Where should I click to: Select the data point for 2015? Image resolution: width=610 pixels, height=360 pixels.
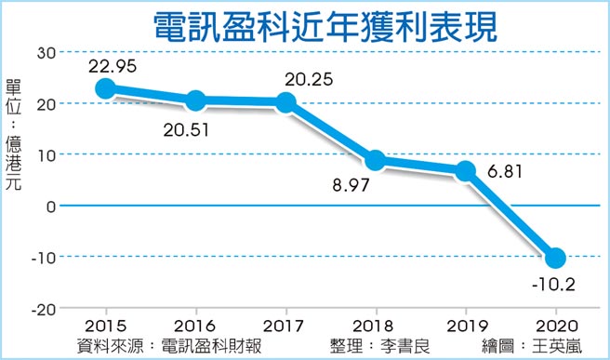(x=105, y=88)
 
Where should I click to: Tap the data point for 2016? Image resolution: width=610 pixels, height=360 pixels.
(x=196, y=100)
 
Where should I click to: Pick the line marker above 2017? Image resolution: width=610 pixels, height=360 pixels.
(x=286, y=102)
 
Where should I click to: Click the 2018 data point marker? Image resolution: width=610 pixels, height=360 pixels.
(x=376, y=160)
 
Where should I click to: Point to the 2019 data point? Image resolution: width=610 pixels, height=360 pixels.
(x=466, y=170)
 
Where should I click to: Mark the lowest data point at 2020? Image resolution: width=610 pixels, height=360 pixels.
(x=556, y=258)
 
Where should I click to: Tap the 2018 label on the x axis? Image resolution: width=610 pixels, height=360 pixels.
(x=376, y=327)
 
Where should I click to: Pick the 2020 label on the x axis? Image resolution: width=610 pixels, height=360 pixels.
(x=556, y=327)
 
